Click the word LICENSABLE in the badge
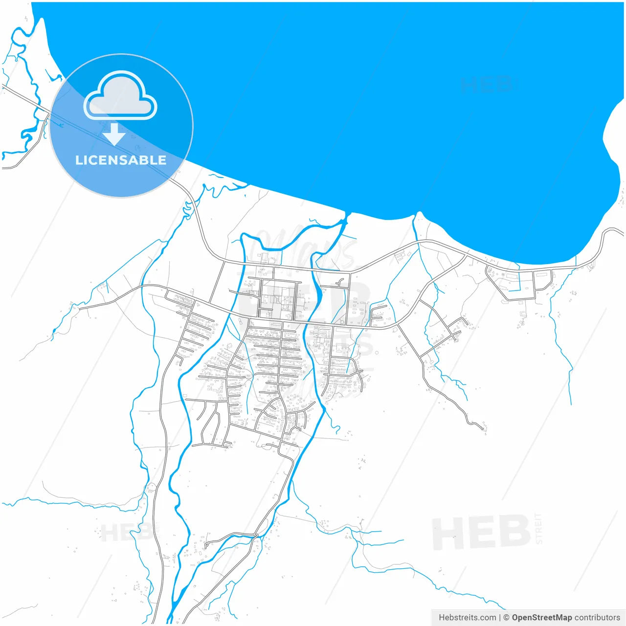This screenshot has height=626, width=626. [x=121, y=160]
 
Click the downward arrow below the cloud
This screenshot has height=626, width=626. [x=114, y=134]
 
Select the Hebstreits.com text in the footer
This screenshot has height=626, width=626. [x=467, y=618]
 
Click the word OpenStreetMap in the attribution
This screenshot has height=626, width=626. [x=541, y=618]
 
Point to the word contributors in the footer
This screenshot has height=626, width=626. [x=597, y=618]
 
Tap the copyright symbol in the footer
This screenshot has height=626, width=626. [x=506, y=618]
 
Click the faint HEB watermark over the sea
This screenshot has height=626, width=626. [x=487, y=85]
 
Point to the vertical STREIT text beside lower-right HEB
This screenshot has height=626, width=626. [x=539, y=528]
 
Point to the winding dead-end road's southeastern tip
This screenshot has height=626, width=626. [x=484, y=428]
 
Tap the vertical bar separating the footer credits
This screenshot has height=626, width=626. [x=500, y=618]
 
